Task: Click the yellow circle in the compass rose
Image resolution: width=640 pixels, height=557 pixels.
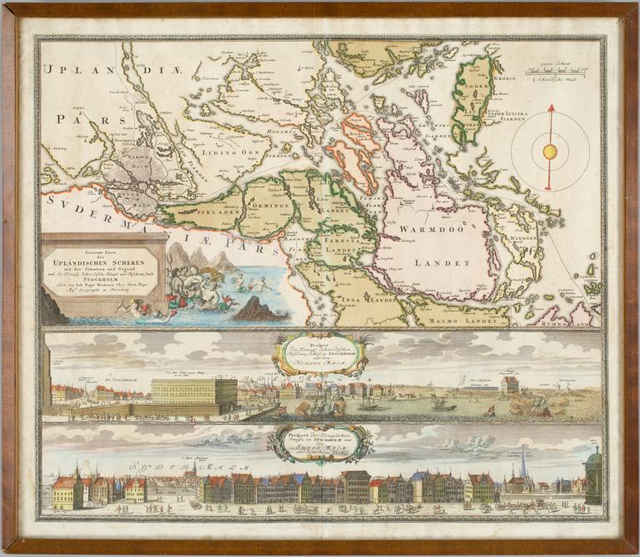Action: point(549,152)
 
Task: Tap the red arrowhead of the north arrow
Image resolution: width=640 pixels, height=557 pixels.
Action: point(550,109)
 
